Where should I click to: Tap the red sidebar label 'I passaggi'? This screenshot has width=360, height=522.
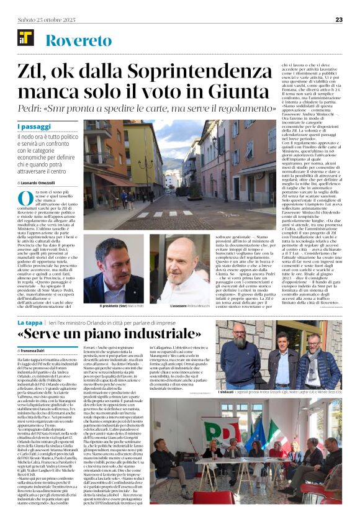coord(34,127)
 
